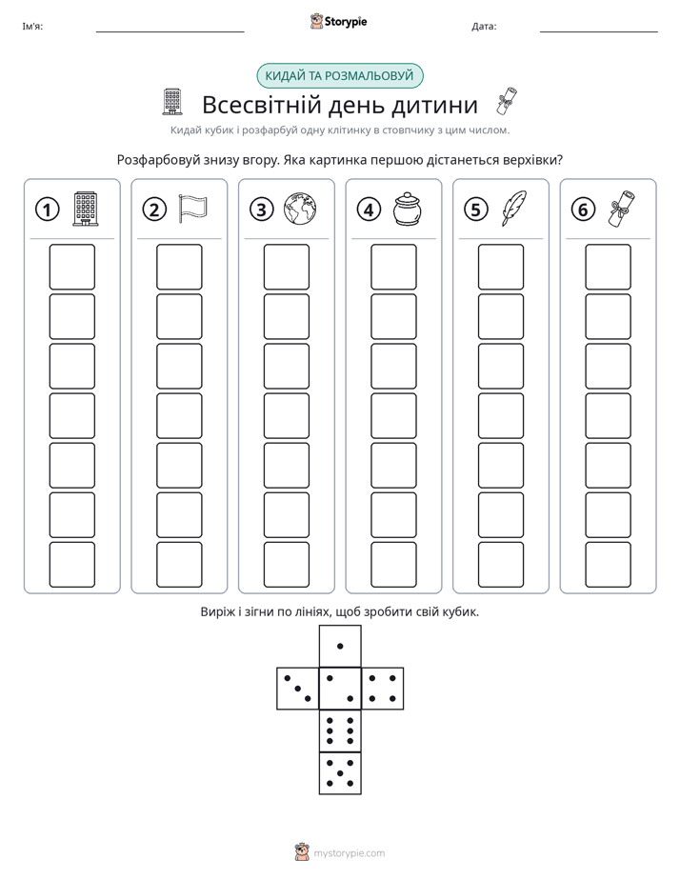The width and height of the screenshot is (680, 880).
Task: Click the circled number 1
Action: click(x=47, y=210)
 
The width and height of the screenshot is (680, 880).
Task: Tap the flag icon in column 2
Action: click(x=192, y=210)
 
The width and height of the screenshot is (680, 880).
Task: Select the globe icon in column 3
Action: click(x=300, y=209)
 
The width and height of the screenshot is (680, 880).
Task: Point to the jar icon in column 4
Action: click(x=407, y=209)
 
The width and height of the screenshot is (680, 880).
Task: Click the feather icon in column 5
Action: click(x=514, y=209)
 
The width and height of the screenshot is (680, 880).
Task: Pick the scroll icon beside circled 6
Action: click(x=621, y=209)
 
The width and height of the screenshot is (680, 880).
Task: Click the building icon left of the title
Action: click(x=172, y=102)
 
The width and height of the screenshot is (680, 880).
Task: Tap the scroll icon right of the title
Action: click(x=508, y=101)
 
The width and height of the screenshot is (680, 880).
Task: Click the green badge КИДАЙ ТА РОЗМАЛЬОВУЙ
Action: click(x=339, y=76)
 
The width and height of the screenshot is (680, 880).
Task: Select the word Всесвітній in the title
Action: click(x=262, y=105)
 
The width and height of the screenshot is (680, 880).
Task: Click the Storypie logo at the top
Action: click(x=338, y=21)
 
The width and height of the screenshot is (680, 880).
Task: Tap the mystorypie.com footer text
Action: click(x=349, y=853)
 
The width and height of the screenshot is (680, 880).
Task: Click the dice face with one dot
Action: click(x=340, y=647)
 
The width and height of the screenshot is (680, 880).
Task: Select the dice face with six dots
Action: click(x=340, y=730)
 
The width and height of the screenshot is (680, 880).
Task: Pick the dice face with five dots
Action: click(x=340, y=773)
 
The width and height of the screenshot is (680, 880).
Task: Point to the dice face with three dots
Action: click(x=298, y=689)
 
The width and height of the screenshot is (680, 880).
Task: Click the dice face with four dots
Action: click(x=383, y=689)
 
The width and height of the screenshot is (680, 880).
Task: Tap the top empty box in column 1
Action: click(x=71, y=267)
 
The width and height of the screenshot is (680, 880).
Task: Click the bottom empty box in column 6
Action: click(x=609, y=565)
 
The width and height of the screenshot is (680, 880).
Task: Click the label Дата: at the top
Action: click(x=484, y=26)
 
